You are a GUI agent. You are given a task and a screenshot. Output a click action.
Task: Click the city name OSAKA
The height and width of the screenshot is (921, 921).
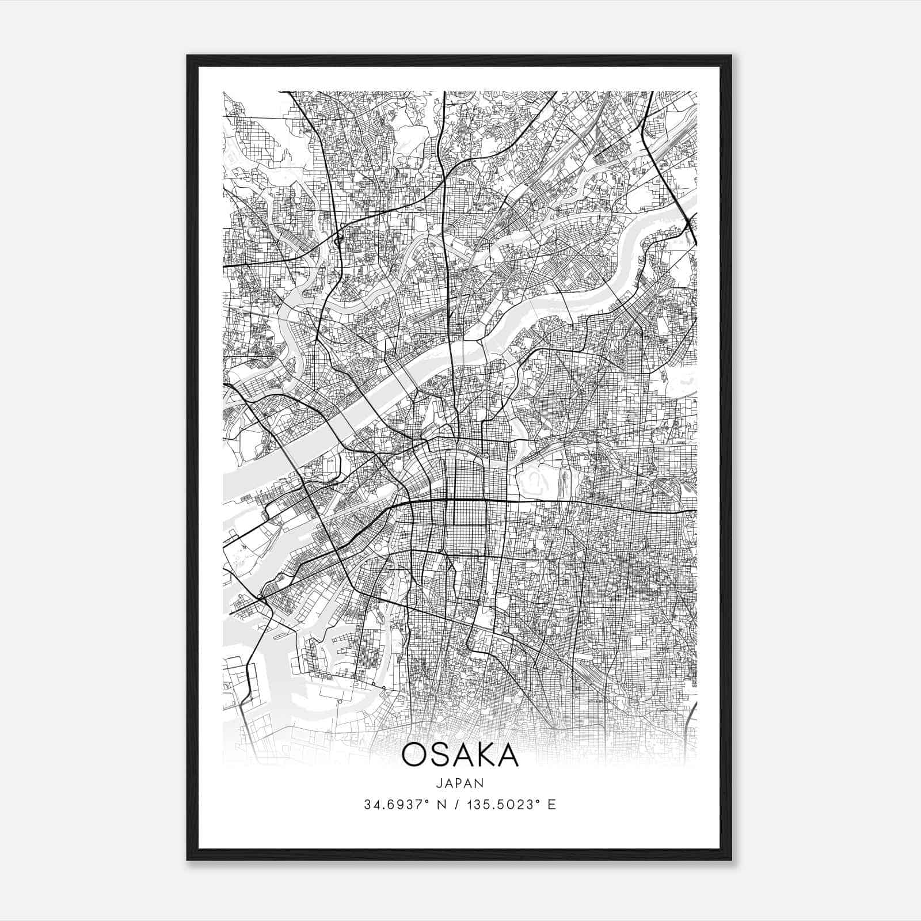pos(460,755)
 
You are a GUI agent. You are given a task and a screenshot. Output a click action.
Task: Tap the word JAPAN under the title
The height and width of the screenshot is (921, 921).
pos(460,783)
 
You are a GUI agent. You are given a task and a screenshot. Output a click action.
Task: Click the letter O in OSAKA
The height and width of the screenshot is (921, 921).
pos(413,755)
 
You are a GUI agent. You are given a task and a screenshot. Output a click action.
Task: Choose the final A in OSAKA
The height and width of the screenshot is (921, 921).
pos(508,755)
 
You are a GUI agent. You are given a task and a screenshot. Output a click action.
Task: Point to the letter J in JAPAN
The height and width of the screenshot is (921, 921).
pos(439,783)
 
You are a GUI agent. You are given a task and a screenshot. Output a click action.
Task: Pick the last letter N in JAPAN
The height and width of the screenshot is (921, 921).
pos(479,783)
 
